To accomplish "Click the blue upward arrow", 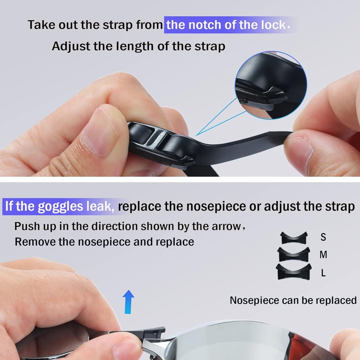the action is [128, 301].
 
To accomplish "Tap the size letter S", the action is [323, 237].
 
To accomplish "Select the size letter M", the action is [323, 255].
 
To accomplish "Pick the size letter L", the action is [324, 273].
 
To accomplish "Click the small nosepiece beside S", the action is [294, 238].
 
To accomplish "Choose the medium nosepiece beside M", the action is [294, 255].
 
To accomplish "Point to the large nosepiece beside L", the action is [294, 272].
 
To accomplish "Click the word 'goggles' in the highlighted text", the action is [60, 207].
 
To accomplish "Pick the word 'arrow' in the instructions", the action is [226, 226].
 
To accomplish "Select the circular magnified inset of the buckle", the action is [271, 85].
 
